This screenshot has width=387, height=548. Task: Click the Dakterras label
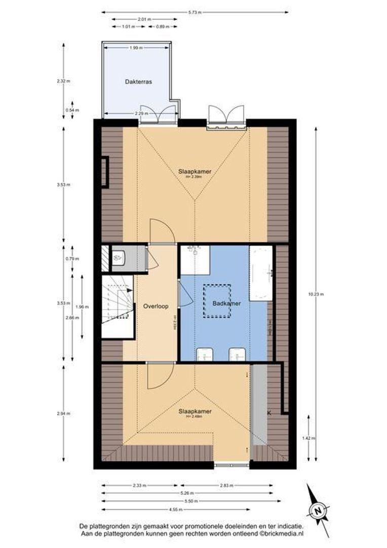138,81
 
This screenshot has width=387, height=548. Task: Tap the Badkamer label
226,303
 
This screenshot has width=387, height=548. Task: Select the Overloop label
156,306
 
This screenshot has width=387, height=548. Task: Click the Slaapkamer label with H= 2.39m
195,172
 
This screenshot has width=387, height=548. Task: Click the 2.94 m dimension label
63,414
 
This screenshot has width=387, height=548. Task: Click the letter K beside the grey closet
269,414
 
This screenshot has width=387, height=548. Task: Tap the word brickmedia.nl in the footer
282,534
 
